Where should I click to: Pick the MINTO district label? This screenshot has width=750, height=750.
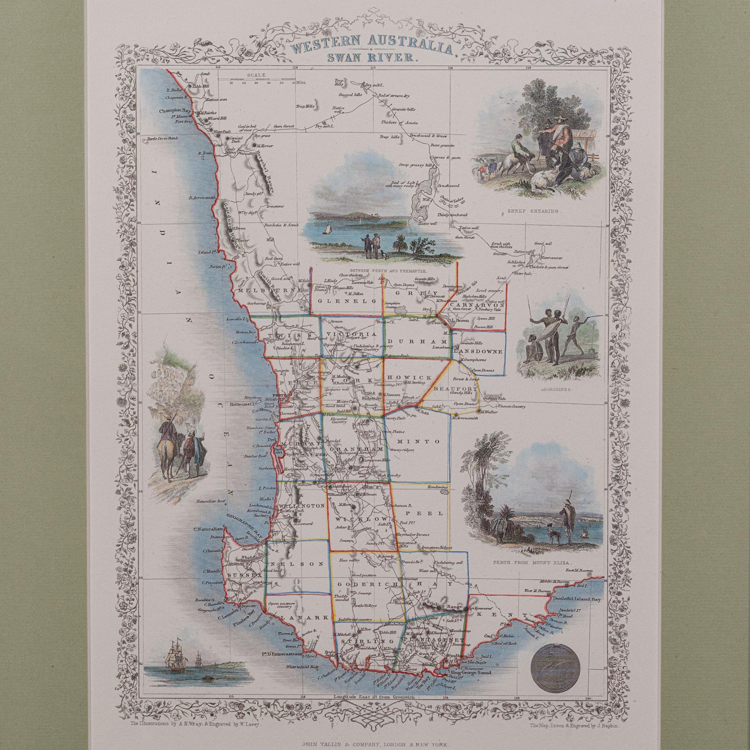(x=417, y=442)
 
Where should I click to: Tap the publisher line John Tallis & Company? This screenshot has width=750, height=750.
(x=375, y=743)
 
